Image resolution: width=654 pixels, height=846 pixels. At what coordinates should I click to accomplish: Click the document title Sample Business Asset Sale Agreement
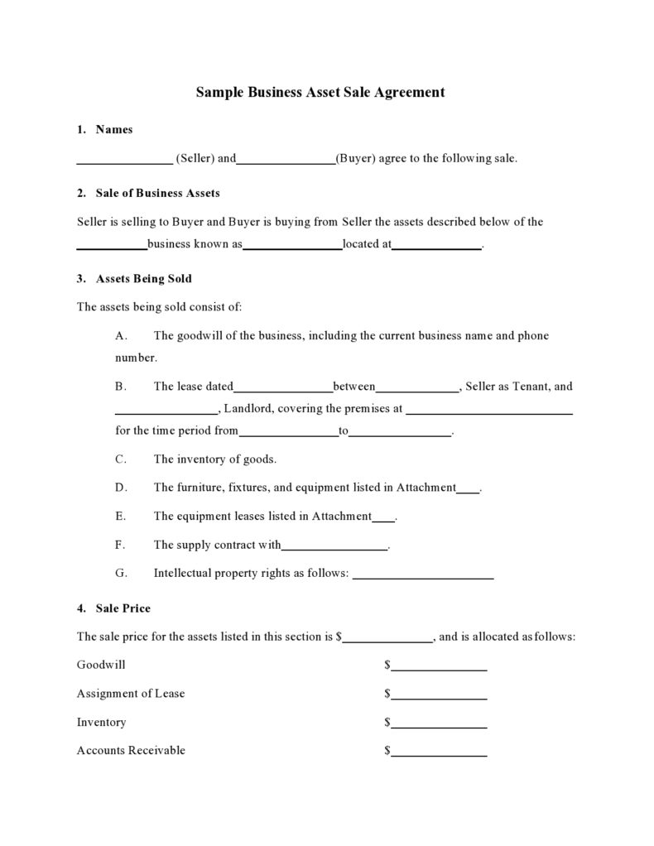[x=320, y=93]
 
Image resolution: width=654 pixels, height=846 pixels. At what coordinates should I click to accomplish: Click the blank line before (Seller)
[x=124, y=160]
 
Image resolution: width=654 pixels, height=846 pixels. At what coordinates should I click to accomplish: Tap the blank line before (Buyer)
[x=286, y=160]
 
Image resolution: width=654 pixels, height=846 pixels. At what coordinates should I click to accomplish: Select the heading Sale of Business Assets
[x=157, y=194]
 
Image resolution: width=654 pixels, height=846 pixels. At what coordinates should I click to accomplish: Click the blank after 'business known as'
[x=292, y=246]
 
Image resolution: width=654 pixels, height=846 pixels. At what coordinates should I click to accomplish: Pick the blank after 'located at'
[x=436, y=246]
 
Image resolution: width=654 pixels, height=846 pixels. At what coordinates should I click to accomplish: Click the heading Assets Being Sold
[x=143, y=279]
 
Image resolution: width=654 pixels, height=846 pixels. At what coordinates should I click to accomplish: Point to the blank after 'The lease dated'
[x=283, y=387]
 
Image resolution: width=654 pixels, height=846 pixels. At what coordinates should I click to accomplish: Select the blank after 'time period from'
[x=288, y=432]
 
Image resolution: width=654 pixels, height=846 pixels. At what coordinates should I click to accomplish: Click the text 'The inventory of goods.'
[x=214, y=459]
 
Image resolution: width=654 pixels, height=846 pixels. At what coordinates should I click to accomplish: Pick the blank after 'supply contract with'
[x=334, y=546]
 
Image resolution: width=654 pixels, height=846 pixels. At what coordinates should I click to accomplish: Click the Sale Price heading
[x=123, y=608]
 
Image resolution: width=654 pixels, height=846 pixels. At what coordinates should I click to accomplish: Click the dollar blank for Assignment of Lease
[x=439, y=695]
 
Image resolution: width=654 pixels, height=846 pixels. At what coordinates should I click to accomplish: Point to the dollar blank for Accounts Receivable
[x=439, y=752]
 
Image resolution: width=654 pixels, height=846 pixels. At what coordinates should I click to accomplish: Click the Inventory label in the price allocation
[x=102, y=723]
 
